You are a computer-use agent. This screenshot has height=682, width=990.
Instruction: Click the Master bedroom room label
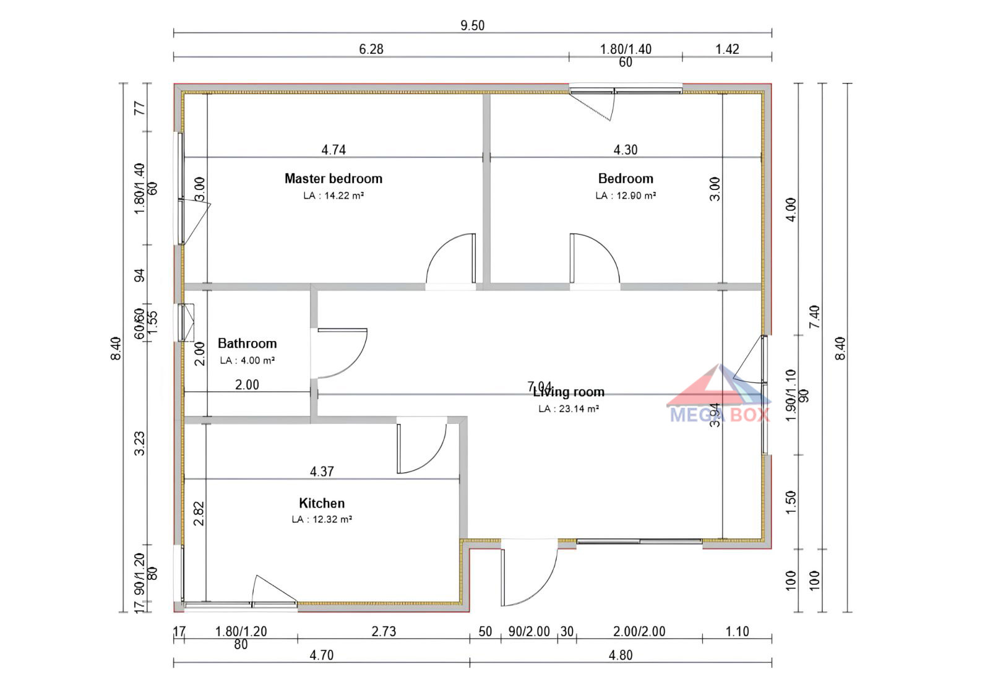point(333,178)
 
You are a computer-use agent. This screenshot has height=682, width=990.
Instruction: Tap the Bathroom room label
point(247,343)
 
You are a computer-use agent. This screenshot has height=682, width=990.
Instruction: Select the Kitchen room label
point(322,503)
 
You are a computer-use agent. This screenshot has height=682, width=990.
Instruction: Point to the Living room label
point(569,392)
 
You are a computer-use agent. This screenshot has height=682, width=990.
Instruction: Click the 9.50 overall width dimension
point(472,25)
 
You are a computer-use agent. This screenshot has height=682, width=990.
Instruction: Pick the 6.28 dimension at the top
point(371,49)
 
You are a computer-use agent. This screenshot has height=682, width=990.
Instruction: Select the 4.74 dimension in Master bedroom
point(334,150)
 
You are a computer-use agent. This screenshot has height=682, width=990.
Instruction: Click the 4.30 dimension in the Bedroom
point(626,150)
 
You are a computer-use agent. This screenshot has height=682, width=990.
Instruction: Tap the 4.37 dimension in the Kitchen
point(322,472)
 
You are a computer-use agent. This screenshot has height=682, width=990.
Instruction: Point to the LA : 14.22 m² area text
point(333,196)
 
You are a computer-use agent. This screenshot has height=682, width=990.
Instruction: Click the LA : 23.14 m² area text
point(569,408)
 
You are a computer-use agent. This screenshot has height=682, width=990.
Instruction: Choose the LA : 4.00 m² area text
point(247,360)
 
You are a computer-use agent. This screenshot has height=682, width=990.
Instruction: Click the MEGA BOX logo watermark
point(720,396)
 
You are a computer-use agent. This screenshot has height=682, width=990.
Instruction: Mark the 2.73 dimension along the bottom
point(384,631)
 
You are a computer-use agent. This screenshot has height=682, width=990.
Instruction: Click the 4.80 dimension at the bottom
point(621,655)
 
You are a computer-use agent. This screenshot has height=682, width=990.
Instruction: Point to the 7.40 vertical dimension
point(814,317)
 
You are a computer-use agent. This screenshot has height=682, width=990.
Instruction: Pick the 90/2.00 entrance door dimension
point(529,631)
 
